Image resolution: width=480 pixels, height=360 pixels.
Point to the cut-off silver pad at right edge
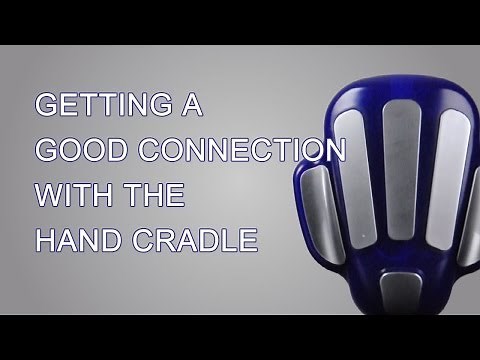(x=472, y=200)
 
